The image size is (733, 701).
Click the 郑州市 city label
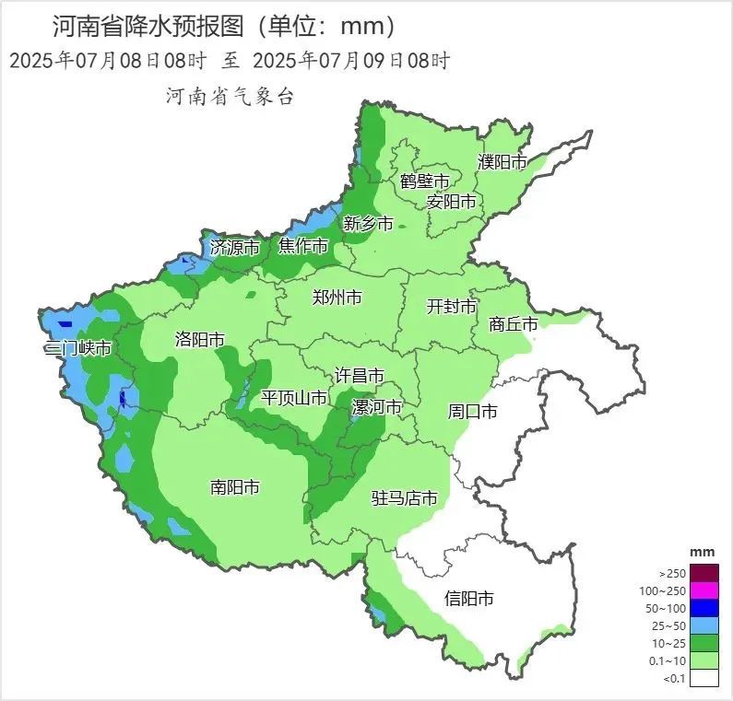coord(337,298)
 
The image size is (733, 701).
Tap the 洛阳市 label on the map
coord(199,340)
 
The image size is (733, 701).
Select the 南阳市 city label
coord(235,487)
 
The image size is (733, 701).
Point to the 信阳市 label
coord(469,599)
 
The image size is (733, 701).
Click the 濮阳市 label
coord(502,162)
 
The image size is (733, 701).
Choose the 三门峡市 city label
coord(78,349)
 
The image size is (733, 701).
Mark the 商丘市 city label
coord(514,323)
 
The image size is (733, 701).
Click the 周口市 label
coord(473,411)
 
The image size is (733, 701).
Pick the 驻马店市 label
coord(404,498)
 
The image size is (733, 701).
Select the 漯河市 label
coord(378,407)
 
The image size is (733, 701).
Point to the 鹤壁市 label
coord(425,181)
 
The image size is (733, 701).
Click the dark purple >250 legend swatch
coord(703,573)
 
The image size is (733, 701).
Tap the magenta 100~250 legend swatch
coord(703,590)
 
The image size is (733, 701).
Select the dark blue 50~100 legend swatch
coord(703,608)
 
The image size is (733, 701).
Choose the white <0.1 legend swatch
coord(703,679)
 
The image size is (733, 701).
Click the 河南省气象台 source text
coord(230,97)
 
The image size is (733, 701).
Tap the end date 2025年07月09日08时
coord(350,62)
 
